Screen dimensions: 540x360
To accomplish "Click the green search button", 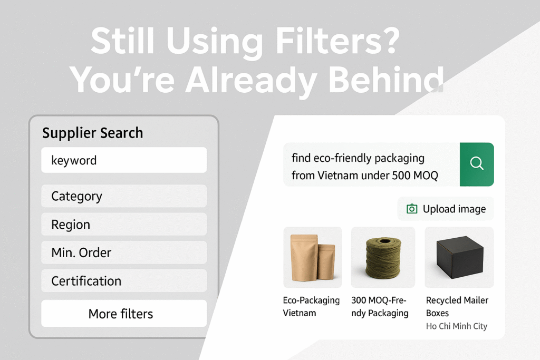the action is [477, 164].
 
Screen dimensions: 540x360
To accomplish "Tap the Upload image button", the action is [446, 209].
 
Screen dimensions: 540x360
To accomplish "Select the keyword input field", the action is [124, 160].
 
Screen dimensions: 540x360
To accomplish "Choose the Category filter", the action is [124, 196].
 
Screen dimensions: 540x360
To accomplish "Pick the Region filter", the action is [124, 225].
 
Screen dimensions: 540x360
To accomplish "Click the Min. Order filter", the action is [124, 252].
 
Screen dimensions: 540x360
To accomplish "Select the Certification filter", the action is [124, 281].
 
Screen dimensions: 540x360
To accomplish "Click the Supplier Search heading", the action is [93, 133].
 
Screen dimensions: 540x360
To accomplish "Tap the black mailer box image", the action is [460, 257].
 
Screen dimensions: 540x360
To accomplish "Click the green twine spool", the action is [383, 257].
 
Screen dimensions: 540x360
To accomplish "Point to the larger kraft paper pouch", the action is [304, 257].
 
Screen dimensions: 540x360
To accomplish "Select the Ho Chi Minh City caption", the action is [457, 326].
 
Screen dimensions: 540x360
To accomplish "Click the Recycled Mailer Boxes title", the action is [457, 306].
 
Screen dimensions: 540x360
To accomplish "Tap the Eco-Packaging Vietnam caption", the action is [311, 306].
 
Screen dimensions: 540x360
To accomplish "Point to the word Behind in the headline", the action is [386, 80].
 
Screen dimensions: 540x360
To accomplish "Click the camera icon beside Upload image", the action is [412, 209].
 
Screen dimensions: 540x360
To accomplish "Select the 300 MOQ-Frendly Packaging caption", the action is [380, 306].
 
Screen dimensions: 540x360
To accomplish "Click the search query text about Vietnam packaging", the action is [365, 167].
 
